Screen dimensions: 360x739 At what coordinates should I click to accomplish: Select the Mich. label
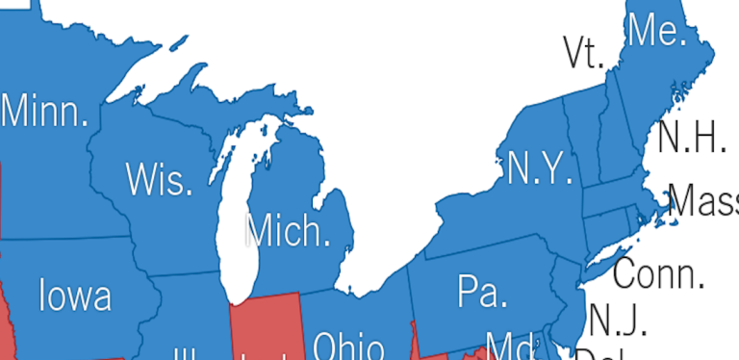287,231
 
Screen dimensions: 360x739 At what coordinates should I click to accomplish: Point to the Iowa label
75,295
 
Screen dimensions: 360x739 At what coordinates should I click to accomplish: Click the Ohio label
348,347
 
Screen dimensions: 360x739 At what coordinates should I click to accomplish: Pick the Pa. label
482,290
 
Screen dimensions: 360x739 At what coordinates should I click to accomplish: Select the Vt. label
582,54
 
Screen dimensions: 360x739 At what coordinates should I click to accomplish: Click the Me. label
656,32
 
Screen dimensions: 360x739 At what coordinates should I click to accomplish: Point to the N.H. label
691,139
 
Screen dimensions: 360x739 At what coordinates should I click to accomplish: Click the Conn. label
659,273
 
